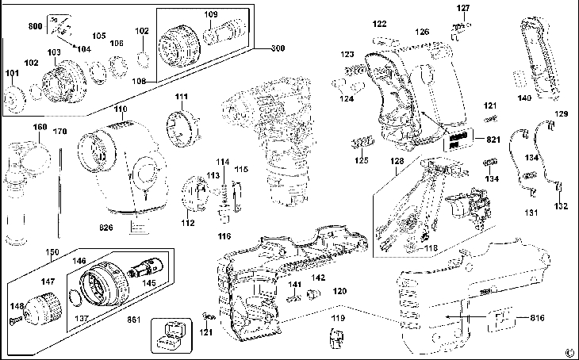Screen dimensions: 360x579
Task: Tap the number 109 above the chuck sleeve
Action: pyautogui.click(x=211, y=14)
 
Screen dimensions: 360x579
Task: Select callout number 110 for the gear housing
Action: pyautogui.click(x=120, y=109)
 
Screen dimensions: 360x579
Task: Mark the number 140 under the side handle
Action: pyautogui.click(x=524, y=98)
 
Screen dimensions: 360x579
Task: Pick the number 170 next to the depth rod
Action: pyautogui.click(x=60, y=131)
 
